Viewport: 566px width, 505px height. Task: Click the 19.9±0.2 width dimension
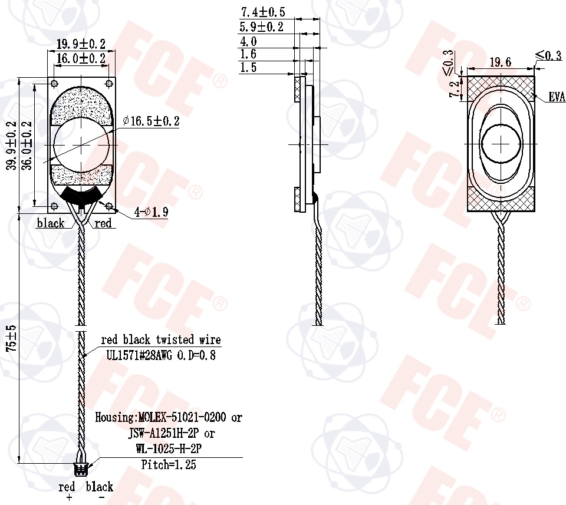coord(81,44)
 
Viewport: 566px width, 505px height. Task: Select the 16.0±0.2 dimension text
coord(81,58)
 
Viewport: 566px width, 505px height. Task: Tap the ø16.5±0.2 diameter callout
coord(151,121)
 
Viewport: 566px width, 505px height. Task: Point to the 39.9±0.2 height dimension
coord(12,146)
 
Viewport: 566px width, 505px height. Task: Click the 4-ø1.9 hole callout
coord(152,212)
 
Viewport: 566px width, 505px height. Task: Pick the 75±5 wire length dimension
coord(12,338)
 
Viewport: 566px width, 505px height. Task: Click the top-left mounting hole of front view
coord(54,84)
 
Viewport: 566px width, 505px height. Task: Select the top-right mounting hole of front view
coord(110,84)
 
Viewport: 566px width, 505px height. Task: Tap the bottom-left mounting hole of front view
coord(54,206)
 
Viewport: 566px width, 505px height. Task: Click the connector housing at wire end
coord(81,469)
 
